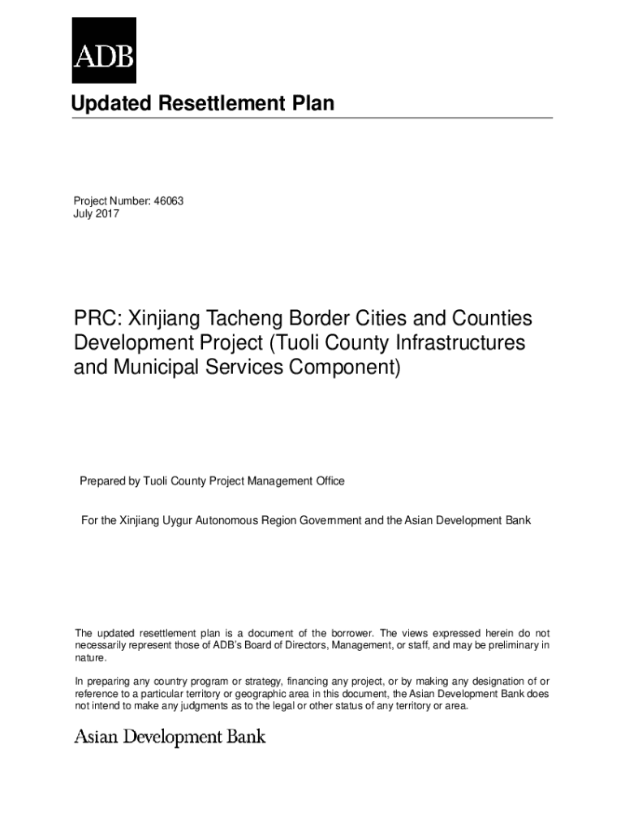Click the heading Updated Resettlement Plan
(202, 104)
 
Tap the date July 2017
(97, 213)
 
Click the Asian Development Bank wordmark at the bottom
(170, 737)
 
